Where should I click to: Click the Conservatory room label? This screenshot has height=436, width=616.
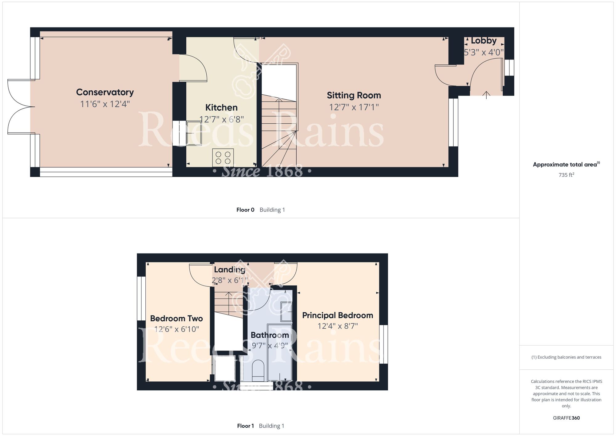tap(105, 92)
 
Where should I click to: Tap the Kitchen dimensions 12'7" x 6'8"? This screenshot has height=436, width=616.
tap(221, 119)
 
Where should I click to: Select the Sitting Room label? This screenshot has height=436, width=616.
tap(354, 96)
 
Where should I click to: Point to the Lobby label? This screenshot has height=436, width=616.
tap(484, 41)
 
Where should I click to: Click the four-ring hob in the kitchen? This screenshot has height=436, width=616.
tap(223, 158)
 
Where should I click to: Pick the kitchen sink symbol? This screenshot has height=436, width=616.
tap(194, 133)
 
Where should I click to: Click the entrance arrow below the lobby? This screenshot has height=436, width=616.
tap(486, 95)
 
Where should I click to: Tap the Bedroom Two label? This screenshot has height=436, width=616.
tap(176, 319)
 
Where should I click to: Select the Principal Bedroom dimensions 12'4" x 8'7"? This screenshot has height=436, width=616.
tap(338, 326)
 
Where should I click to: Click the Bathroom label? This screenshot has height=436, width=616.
tap(270, 335)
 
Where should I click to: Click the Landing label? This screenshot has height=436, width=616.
tap(230, 270)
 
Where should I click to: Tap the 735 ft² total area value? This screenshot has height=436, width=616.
tap(566, 175)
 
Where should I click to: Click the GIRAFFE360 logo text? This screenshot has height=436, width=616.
tap(566, 418)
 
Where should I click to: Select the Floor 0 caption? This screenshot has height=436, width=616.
tap(245, 210)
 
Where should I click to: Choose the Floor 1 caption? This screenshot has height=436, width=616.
tap(245, 426)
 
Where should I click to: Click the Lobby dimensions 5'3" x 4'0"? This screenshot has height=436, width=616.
tap(484, 52)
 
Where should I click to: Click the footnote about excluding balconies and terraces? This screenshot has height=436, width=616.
tap(566, 357)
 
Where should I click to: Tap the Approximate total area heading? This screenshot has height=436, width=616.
tap(566, 165)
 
